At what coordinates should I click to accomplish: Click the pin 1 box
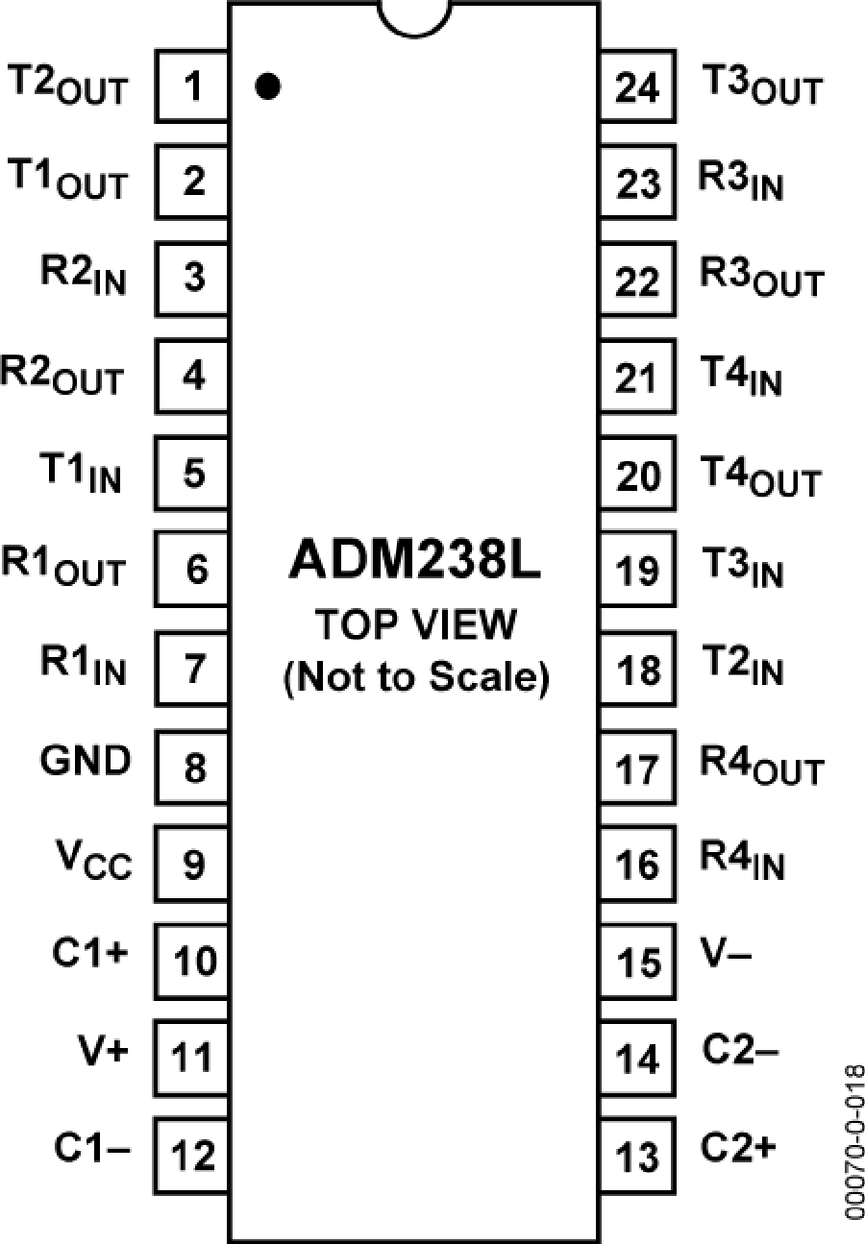click(193, 88)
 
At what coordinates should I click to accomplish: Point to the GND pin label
click(86, 762)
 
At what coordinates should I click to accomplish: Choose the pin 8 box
click(193, 767)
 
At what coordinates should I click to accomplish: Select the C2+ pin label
click(739, 1148)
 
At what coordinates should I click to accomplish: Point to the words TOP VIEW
click(414, 626)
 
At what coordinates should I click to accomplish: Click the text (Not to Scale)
click(414, 678)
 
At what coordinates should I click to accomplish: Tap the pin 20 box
click(636, 476)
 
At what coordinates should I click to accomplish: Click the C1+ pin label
click(89, 955)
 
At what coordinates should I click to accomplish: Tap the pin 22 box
click(636, 282)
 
